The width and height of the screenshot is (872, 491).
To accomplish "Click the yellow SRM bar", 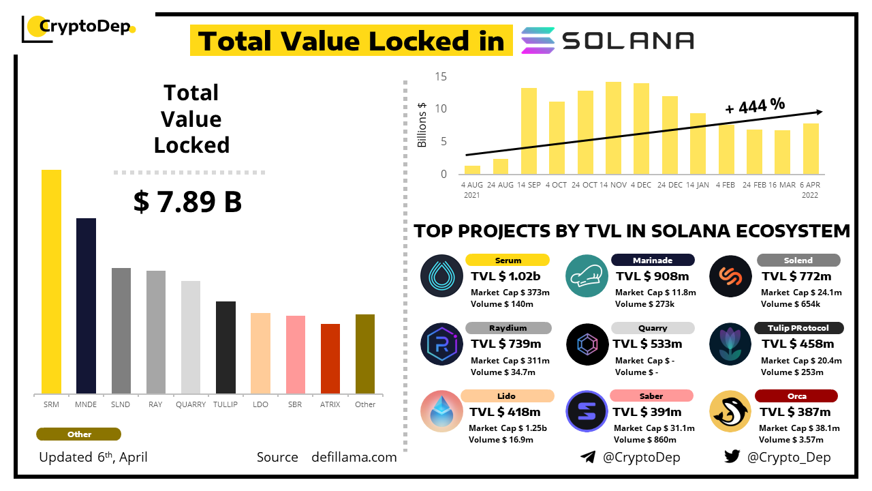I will coord(51,281).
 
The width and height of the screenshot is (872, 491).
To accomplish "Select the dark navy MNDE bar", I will coord(86,306).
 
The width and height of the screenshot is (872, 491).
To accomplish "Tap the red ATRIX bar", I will coord(330,358).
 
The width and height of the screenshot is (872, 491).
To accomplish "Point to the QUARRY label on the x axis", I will coord(191,404).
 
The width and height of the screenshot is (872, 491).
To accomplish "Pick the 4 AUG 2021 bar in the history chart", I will coord(472,170).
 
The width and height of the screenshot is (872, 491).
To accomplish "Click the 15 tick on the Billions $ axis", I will coord(441,76).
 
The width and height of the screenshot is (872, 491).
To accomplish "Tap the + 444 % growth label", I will coord(755,106).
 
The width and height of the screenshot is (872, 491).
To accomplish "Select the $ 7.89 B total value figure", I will coord(188,202).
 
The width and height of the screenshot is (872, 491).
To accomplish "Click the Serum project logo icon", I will coord(442,276).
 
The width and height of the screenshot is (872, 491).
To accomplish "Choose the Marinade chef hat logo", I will coord(587,276).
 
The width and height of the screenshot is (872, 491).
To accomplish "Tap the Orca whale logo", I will coord(730,412).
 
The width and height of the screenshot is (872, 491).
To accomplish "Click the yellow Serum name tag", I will coord(508,260).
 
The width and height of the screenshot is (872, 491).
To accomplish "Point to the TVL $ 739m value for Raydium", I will coord(505,344).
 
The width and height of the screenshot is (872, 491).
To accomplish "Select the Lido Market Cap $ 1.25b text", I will coord(508,428).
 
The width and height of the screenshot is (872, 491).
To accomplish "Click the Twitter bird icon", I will coord(732,457).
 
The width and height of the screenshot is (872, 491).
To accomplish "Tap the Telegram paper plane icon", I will coord(588,457).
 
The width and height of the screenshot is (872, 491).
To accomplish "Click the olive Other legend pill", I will coord(79,434).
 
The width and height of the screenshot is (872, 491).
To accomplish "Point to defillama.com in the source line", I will coord(354,458).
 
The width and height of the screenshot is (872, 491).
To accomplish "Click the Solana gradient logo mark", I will coord(538,41).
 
